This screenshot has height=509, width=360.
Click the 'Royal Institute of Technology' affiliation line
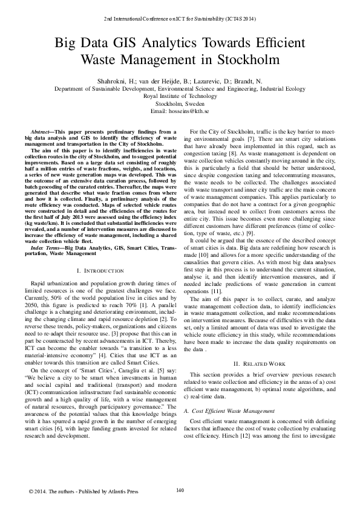[180, 96]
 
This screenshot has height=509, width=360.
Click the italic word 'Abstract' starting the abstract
[41, 131]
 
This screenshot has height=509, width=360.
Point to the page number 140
[180, 490]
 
